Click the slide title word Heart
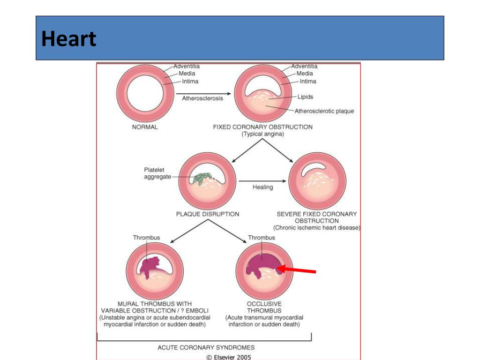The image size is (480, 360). [x=68, y=39]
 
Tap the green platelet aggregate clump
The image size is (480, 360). [x=202, y=179]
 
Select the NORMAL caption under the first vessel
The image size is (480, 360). [x=145, y=127]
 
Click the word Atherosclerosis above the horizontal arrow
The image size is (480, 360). [x=202, y=98]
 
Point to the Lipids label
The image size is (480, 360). [x=305, y=97]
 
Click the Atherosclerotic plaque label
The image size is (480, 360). [x=324, y=112]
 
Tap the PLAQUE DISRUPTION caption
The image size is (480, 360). [x=208, y=214]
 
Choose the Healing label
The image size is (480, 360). [x=262, y=187]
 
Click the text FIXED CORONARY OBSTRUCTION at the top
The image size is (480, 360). [x=262, y=127]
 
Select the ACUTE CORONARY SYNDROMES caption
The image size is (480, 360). [x=206, y=348]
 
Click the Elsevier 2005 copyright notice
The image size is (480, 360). [x=229, y=357]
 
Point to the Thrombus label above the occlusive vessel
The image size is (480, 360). [x=262, y=238]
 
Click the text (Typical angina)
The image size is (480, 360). [x=262, y=134]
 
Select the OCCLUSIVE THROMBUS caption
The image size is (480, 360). [x=264, y=307]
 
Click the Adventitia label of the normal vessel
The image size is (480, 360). [x=186, y=66]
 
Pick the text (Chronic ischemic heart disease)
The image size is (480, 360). [x=317, y=228]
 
